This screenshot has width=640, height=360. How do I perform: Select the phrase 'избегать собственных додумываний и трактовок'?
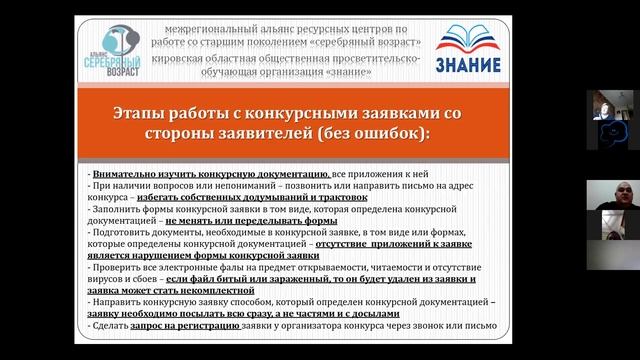click(243, 198)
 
